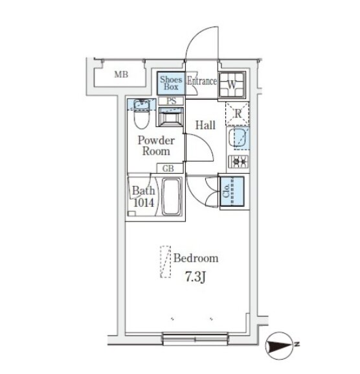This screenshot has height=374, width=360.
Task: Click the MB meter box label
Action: point(121,75)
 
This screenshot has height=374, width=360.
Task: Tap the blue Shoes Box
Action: point(171,83)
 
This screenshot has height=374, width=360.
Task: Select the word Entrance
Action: point(202,81)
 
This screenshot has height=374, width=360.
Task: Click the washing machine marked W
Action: point(232,85)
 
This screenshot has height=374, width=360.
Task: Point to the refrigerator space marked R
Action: point(238,114)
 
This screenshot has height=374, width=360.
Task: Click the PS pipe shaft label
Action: point(171,101)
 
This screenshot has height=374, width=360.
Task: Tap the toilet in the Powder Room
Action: point(142,115)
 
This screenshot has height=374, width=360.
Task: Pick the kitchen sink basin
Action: point(238,138)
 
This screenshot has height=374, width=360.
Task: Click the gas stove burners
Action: point(238,161)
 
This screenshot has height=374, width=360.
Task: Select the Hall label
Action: point(205,125)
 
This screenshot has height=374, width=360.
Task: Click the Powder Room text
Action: point(156,146)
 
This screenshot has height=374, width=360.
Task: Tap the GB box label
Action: point(168,169)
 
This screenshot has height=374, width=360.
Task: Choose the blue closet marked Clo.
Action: point(232,191)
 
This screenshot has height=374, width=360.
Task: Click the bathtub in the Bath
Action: point(171,197)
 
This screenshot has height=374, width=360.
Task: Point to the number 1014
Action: point(144,203)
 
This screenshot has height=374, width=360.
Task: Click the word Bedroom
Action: point(196,259)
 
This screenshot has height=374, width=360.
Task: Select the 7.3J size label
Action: point(196,277)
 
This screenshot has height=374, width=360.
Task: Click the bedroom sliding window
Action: point(196,339)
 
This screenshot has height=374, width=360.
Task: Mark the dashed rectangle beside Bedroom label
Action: point(166,262)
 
